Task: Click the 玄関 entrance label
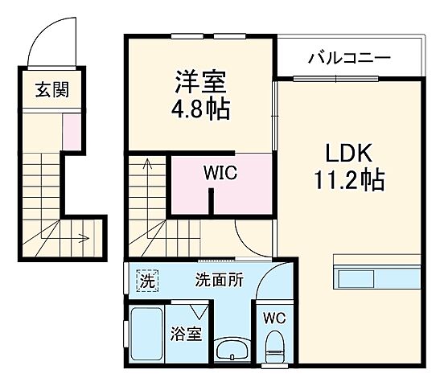point(51,89)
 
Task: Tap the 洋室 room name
point(200,81)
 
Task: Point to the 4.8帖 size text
point(200,108)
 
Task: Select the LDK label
point(348,152)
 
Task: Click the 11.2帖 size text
point(349,179)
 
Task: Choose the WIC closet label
point(220,172)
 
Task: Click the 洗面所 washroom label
point(220,281)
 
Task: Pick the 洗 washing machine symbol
point(146,281)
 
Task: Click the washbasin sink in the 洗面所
point(233,351)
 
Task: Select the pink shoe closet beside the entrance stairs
point(72,132)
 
